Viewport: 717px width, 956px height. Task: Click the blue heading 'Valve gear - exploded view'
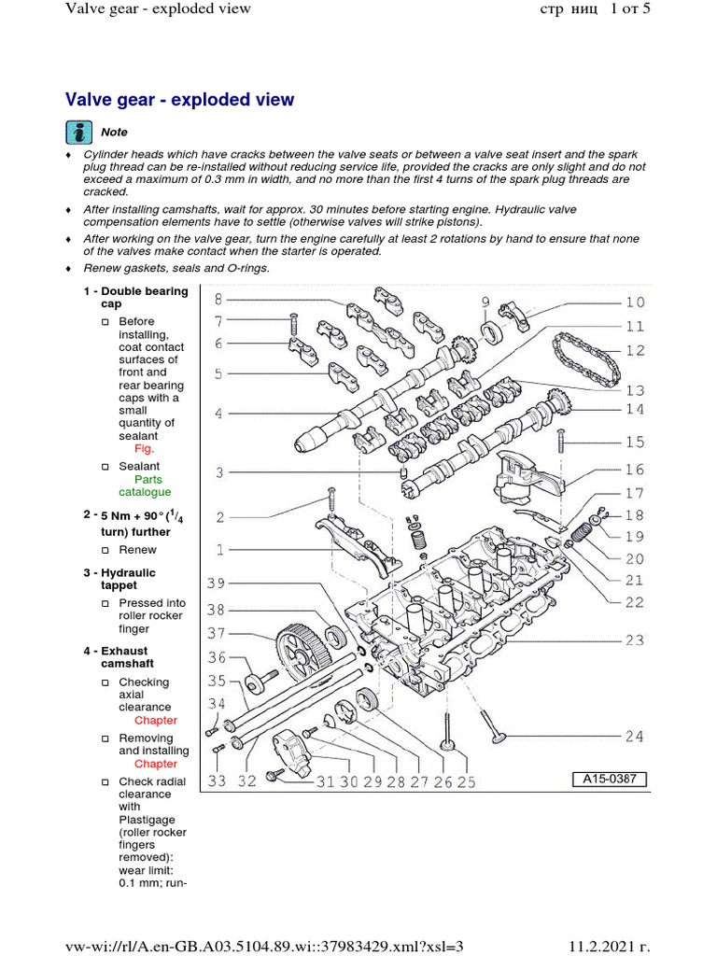coord(179,100)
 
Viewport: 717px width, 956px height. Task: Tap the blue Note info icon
coord(79,132)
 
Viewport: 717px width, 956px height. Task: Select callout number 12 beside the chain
coord(635,351)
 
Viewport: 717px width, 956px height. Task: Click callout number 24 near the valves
coord(635,737)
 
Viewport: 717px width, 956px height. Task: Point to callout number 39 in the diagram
coord(217,583)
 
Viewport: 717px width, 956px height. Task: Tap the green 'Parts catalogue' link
coord(144,485)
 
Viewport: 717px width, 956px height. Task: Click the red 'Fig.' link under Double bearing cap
coord(144,448)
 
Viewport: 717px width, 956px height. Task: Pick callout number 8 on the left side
coord(218,300)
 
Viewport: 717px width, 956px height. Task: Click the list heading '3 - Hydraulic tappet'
coord(122,579)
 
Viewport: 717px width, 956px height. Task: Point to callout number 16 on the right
coord(635,470)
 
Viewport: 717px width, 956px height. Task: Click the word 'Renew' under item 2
coord(139,550)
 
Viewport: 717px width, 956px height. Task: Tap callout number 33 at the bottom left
coord(218,781)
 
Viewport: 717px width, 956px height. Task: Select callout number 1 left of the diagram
coord(218,550)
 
